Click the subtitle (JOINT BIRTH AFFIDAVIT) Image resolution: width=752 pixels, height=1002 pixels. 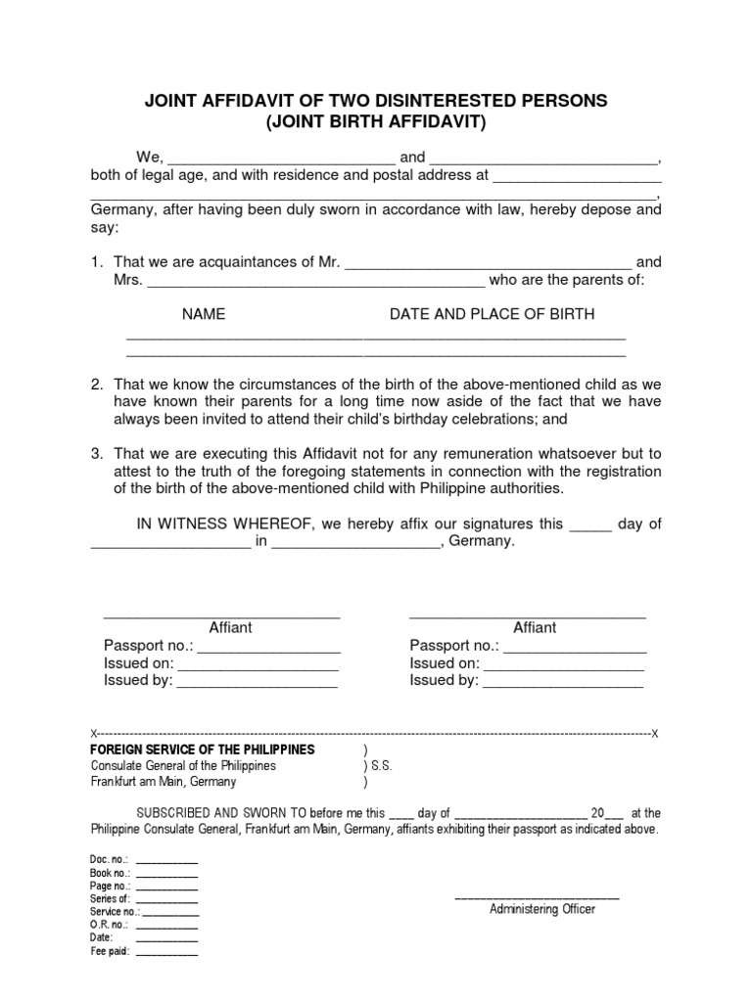[376, 122]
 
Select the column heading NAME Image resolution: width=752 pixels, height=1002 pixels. [204, 314]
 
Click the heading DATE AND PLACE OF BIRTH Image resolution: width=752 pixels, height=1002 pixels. [492, 314]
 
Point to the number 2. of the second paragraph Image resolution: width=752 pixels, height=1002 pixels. [97, 384]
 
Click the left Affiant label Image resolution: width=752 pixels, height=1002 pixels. [231, 627]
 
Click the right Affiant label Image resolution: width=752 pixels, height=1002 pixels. [535, 627]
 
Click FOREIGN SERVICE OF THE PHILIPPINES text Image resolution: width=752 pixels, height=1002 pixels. [203, 749]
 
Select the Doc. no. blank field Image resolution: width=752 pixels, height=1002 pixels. [166, 860]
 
